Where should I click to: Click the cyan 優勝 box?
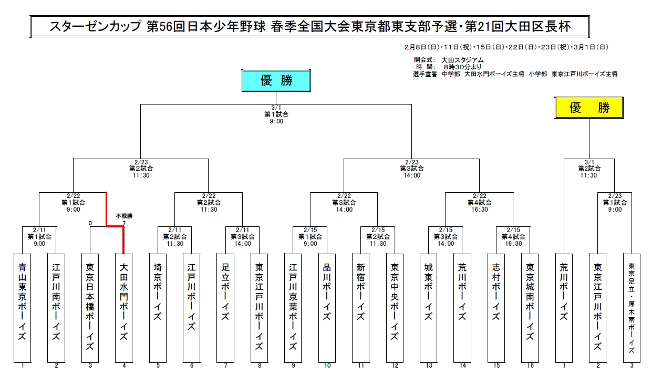276,81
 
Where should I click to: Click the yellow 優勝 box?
589,108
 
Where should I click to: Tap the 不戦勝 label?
124,216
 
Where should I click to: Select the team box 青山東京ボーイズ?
22,307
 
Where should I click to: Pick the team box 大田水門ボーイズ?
124,307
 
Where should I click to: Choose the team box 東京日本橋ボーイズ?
90,307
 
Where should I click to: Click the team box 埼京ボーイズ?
158,307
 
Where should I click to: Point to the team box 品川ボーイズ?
327,307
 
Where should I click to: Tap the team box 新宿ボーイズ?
361,307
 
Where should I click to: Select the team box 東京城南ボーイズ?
531,307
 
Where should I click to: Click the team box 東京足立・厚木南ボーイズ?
632,307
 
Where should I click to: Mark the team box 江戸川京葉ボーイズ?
293,307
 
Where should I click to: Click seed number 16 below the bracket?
531,366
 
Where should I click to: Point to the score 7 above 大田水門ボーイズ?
124,223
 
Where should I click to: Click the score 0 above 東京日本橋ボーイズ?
90,223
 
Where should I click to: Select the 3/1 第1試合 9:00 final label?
276,114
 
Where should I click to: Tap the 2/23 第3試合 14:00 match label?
411,169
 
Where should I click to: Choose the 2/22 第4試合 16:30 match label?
479,202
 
